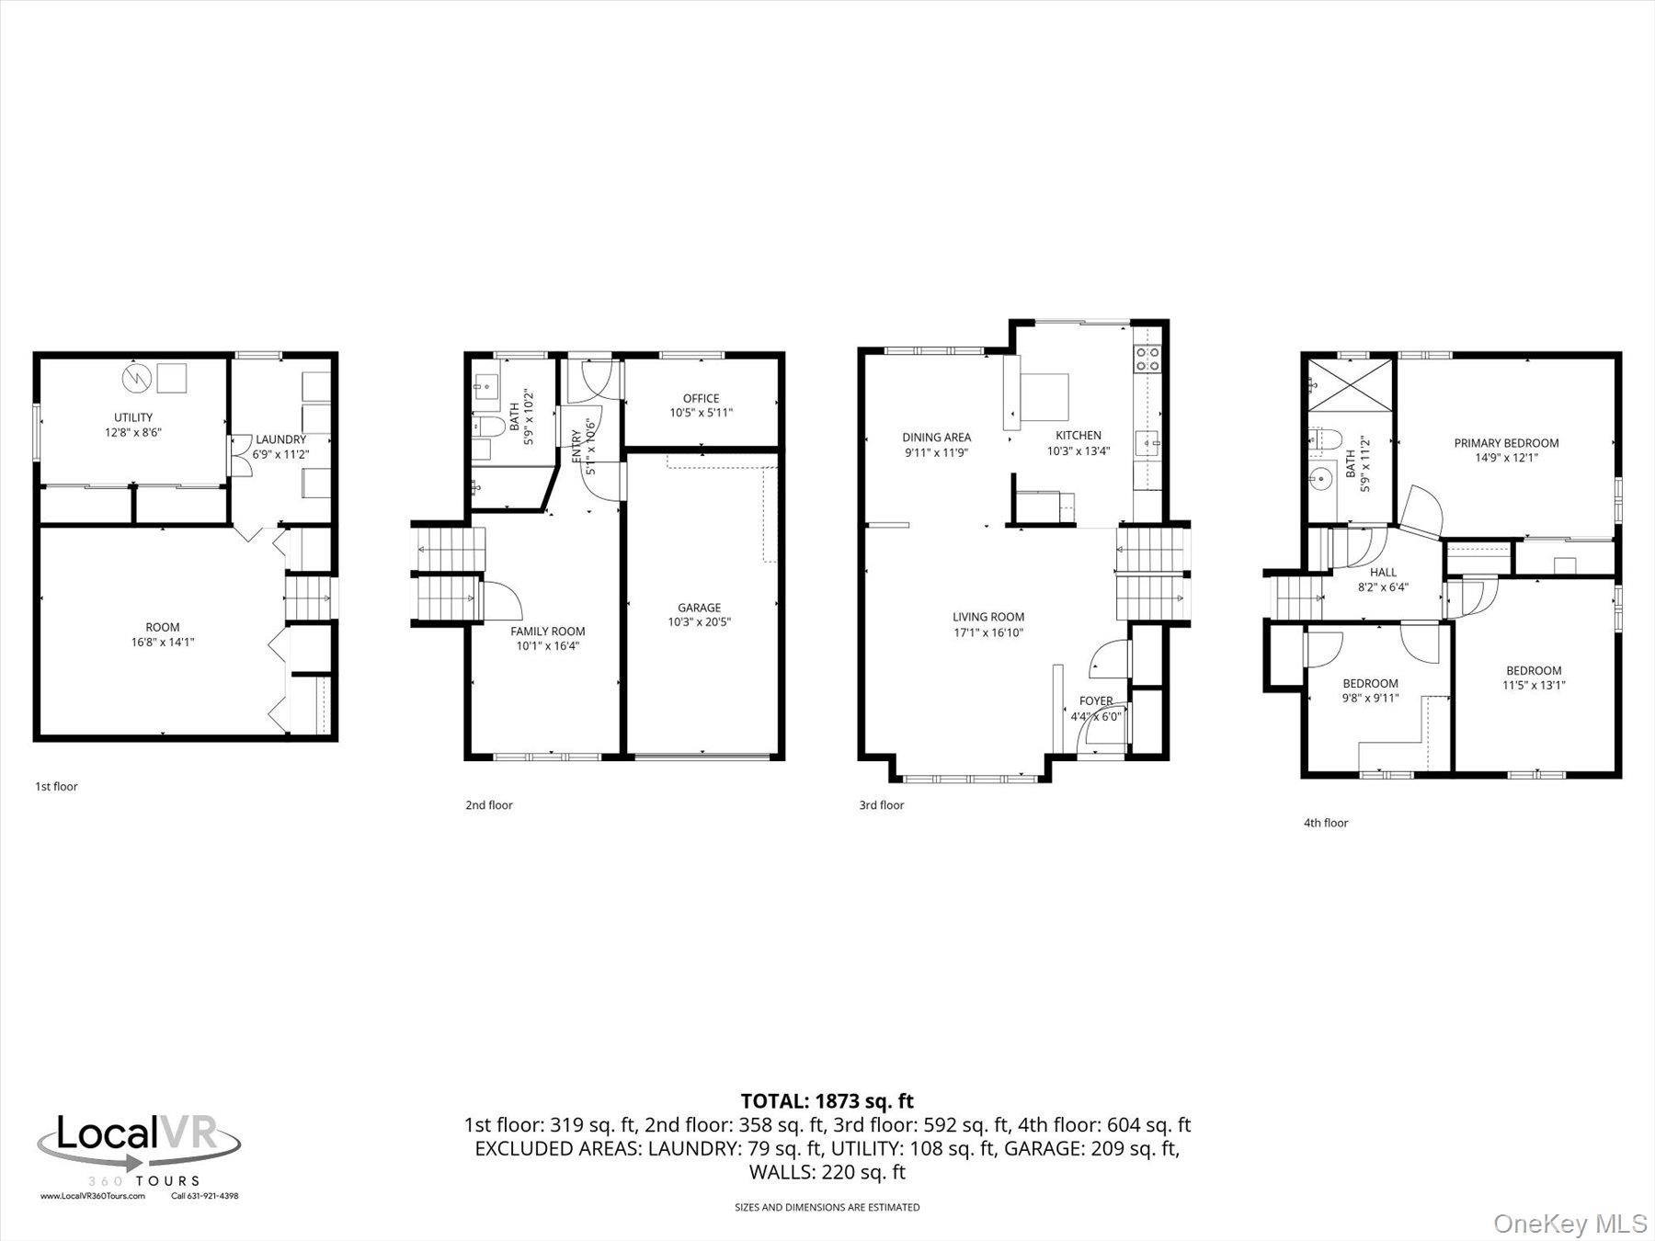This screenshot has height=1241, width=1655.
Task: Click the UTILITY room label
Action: (133, 417)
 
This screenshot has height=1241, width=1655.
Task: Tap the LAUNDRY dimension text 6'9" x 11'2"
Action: (280, 454)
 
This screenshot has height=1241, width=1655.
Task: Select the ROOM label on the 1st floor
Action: (163, 628)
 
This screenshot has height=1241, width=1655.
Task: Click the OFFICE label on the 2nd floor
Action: (701, 398)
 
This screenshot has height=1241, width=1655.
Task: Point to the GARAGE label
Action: (699, 608)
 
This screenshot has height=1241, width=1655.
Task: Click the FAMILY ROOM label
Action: (548, 632)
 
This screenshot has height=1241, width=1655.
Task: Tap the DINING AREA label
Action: (936, 438)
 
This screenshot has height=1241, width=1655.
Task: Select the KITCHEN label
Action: (1078, 436)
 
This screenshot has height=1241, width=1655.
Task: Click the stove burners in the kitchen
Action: (1147, 359)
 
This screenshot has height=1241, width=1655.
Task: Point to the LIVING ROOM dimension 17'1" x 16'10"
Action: (987, 632)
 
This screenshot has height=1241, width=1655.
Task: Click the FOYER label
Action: (1096, 701)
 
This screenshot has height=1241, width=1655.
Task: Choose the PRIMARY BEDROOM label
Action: (1506, 443)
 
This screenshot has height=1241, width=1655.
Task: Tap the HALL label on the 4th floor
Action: (1383, 573)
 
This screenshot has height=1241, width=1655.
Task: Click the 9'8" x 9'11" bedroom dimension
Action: (1370, 698)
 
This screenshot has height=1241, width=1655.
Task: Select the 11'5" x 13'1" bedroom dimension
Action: (1534, 685)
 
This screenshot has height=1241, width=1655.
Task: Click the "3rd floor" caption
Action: (882, 805)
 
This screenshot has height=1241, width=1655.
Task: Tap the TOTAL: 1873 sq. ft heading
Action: (827, 1100)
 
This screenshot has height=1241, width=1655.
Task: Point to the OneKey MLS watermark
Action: (1570, 1224)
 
